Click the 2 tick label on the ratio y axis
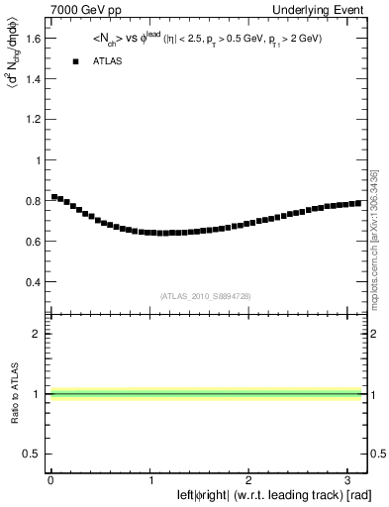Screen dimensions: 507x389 (37, 334)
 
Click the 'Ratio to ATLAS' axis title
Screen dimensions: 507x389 (13, 393)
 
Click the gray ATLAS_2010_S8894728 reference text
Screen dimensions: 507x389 (204, 296)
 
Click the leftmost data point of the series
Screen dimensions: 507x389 (54, 197)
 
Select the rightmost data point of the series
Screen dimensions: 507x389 (357, 203)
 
